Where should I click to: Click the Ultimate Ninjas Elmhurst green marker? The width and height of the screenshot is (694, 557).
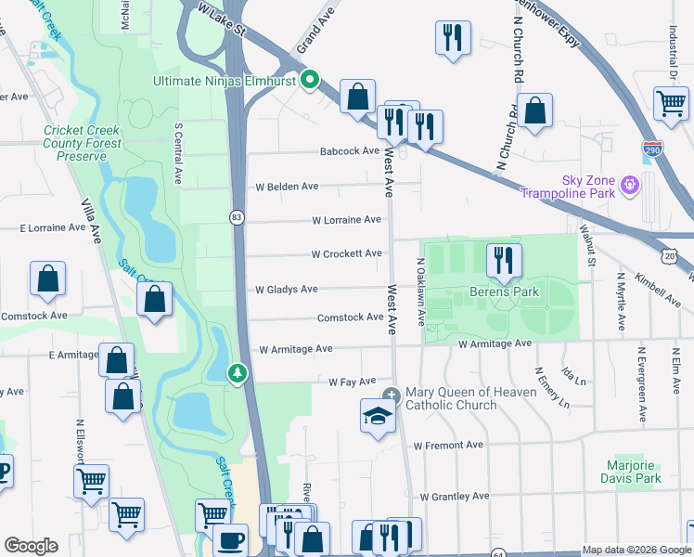point(311,80)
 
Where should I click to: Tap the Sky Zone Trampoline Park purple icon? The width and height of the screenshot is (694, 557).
point(631,184)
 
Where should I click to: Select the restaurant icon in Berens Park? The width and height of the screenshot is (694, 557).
point(504,261)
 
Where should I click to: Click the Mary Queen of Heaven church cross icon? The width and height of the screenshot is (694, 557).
point(392,395)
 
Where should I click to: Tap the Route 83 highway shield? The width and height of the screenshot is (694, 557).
point(238,217)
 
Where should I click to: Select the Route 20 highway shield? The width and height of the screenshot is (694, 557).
point(670,255)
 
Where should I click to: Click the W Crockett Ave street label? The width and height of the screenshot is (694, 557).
point(346,253)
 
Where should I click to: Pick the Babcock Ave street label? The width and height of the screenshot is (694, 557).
point(350,150)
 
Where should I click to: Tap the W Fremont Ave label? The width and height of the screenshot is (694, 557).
point(448,446)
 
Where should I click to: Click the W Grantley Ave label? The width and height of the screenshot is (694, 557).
point(454,497)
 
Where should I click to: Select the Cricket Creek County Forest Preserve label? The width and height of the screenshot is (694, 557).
point(82,144)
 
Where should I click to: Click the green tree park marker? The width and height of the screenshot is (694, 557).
point(238,373)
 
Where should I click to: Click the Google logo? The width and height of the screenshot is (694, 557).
point(31,546)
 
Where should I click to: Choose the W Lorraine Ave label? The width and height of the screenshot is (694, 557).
point(346,220)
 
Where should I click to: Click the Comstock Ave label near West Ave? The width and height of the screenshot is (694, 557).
point(350,317)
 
